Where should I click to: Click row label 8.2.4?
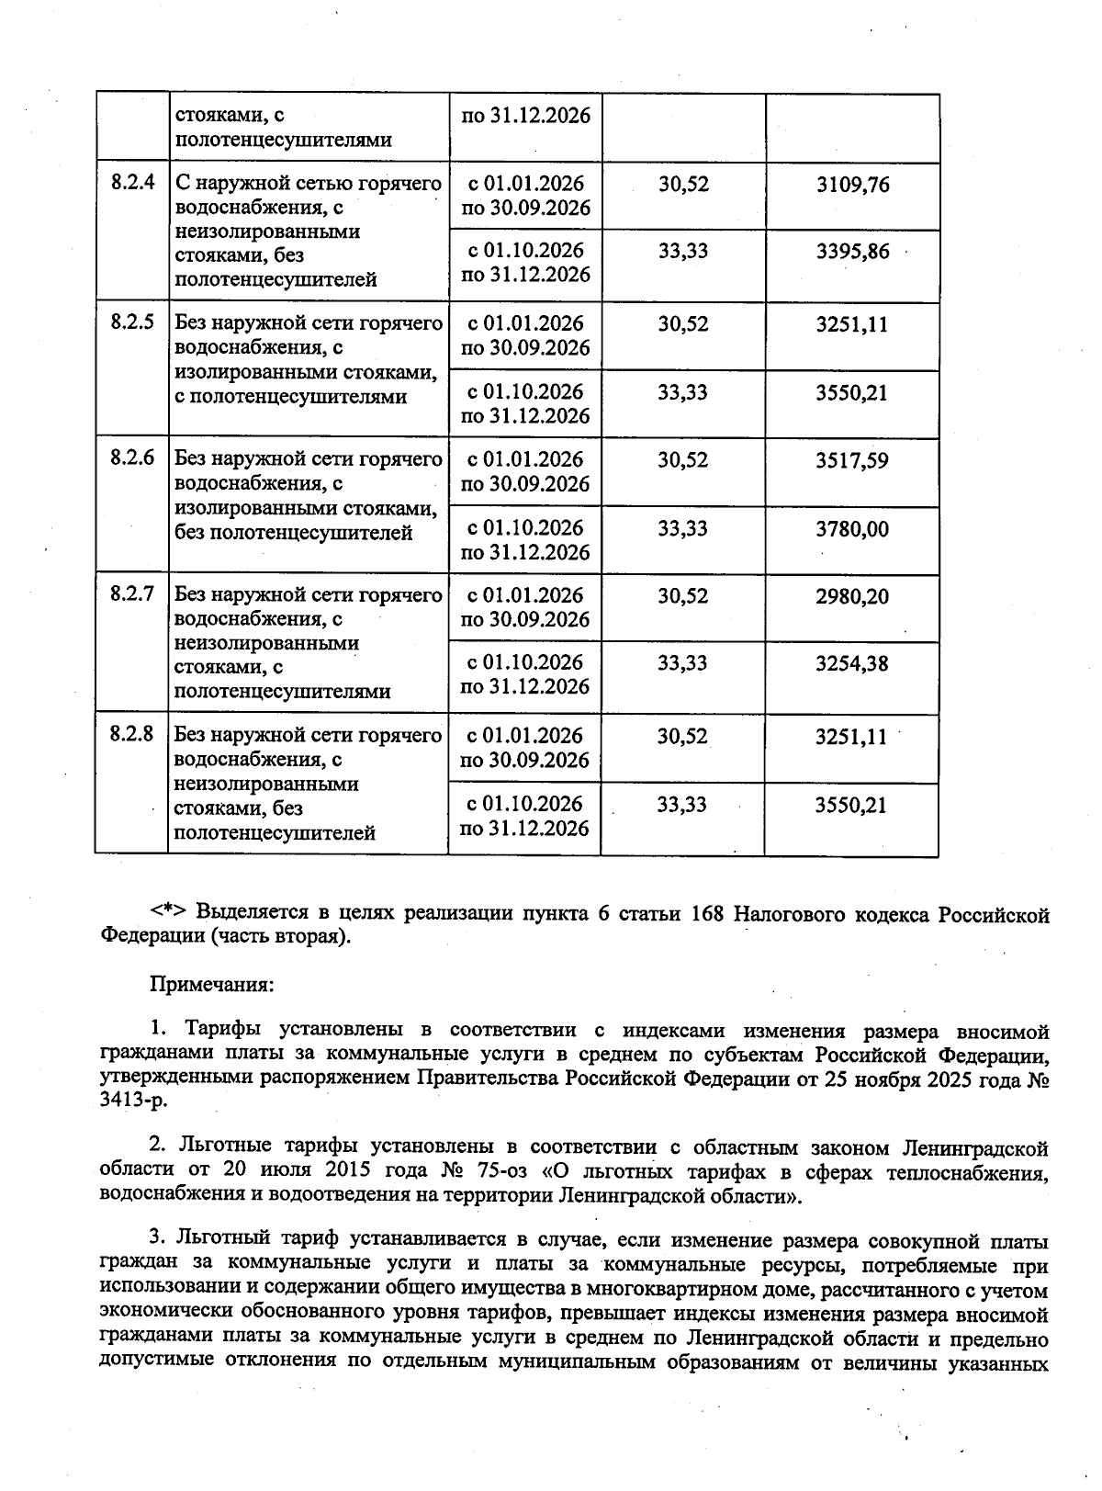[132, 183]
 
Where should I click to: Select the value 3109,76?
[853, 185]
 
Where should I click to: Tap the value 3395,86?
[853, 252]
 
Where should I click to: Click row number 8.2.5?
[132, 322]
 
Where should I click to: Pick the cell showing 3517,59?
[852, 460]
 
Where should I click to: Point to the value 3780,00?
[852, 529]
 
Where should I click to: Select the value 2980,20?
[852, 597]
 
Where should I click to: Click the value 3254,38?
[852, 663]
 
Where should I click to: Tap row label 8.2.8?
[132, 734]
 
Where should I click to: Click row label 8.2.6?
[132, 458]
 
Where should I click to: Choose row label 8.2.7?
[132, 594]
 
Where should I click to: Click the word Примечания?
[211, 984]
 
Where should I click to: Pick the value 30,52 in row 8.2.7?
[682, 597]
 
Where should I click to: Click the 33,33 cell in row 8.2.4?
[682, 252]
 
